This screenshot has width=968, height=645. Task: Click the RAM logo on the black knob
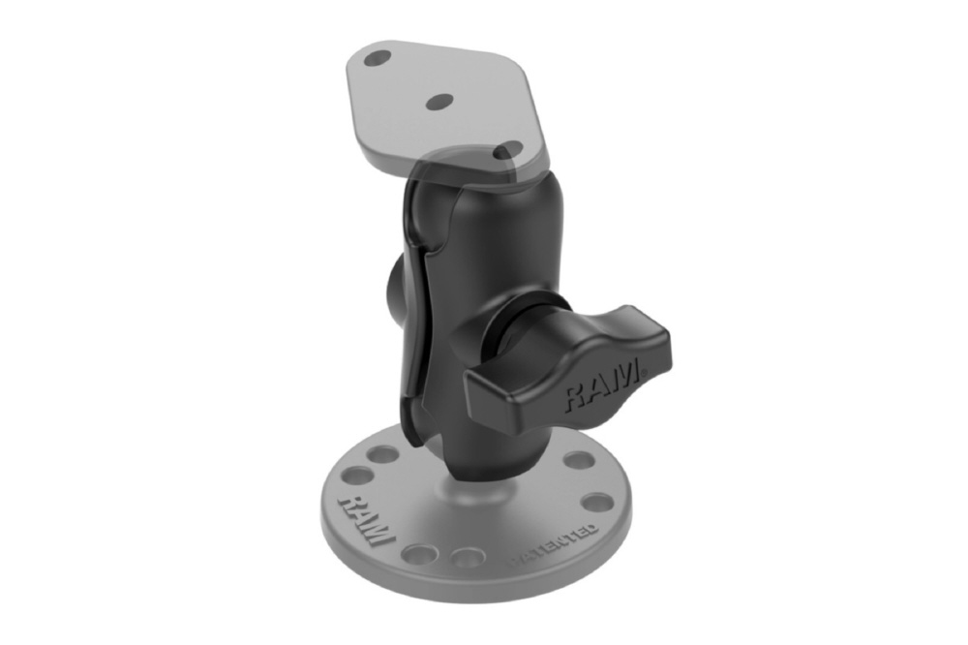click(x=602, y=387)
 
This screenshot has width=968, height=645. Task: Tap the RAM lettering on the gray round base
click(x=367, y=518)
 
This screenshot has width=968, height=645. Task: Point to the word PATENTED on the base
click(x=553, y=546)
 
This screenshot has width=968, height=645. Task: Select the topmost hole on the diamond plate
click(x=377, y=59)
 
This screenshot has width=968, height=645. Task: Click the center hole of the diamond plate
click(x=440, y=102)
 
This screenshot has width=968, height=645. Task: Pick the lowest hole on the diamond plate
click(x=510, y=148)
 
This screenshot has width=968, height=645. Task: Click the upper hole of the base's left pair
click(x=384, y=455)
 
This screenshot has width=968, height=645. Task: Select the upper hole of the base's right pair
click(x=579, y=460)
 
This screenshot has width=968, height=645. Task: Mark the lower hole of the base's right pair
click(x=597, y=501)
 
